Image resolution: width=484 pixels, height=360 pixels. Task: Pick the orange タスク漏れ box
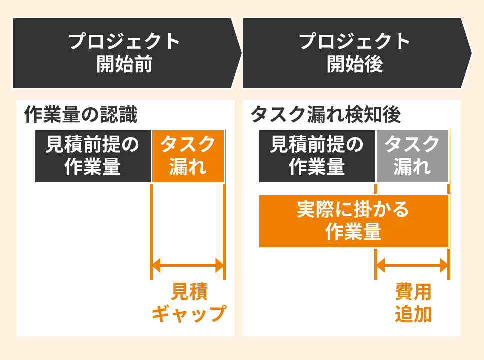coord(188,156)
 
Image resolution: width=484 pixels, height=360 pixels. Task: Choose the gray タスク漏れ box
coord(412,156)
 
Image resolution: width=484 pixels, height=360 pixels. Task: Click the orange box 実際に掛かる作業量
coord(353,221)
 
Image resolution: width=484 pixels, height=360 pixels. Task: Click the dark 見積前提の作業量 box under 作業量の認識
coord(93,156)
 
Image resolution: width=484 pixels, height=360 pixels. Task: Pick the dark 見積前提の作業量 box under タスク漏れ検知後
coord(317,156)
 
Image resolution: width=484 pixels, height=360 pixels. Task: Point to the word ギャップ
coord(188,314)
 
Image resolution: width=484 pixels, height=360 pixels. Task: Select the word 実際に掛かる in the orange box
coord(353,210)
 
